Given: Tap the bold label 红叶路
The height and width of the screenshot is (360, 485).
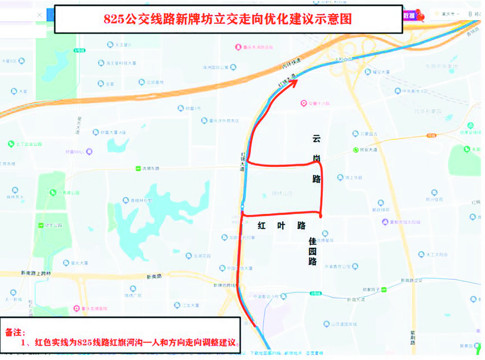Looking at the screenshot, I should tap(281, 226).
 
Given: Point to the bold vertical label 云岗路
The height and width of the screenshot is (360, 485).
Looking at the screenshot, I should tap(317, 158).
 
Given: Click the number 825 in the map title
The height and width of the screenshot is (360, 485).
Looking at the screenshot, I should tap(114, 19).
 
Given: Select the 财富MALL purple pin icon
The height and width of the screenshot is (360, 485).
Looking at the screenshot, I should tap(89, 151).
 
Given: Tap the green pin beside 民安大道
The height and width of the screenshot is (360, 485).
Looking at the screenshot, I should tap(356, 150).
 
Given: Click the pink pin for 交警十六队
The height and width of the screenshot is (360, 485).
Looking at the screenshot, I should tap(303, 103).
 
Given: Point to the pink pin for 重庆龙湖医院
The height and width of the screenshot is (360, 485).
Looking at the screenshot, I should tap(76, 308).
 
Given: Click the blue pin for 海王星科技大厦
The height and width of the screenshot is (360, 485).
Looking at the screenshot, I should tap(101, 63).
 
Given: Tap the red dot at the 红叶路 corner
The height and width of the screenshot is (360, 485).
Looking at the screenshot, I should tap(321, 215).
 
